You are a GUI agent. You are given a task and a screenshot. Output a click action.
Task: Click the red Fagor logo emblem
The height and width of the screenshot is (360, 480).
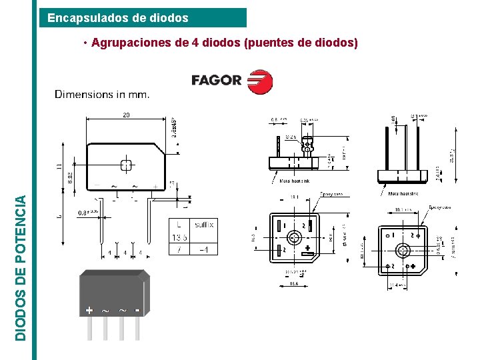[x=260, y=81]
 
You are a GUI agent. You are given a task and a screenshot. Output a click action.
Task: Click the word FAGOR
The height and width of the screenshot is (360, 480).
[x=216, y=81]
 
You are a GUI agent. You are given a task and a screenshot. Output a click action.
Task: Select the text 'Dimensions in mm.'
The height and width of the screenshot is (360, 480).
[x=102, y=95]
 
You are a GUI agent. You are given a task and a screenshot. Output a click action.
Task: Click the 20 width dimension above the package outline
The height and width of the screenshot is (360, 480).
[x=126, y=115]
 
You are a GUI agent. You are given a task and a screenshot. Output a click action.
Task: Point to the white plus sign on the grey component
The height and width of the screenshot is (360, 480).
[x=89, y=310]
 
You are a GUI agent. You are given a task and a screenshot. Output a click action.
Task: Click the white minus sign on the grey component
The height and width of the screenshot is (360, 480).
[x=137, y=310]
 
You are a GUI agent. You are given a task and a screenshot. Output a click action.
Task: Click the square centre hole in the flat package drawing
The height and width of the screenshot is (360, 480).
[x=125, y=165]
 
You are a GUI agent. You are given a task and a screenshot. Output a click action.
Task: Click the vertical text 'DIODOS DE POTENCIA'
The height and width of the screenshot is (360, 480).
[x=22, y=267]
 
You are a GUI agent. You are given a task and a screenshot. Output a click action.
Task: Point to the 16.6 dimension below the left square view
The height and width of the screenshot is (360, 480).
[x=293, y=283]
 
